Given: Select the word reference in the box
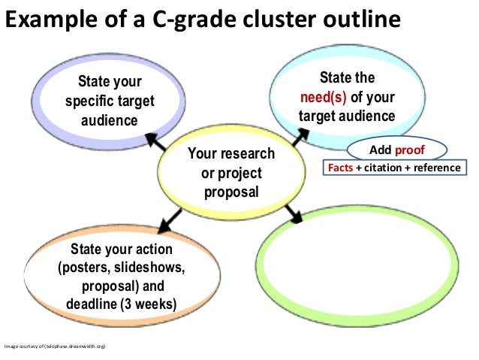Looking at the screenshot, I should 435,167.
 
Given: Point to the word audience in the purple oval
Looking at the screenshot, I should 110,119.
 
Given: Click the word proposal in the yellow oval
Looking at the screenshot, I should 231,191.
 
